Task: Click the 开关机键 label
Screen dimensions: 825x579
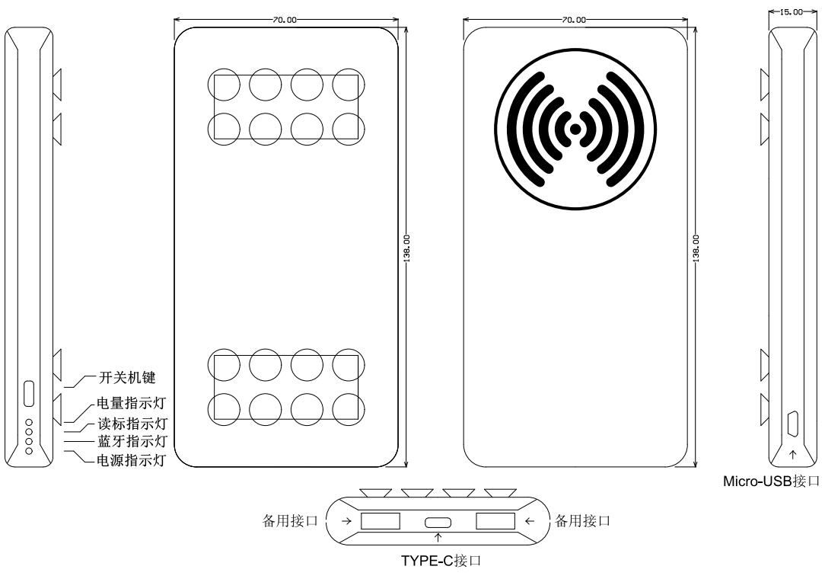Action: pyautogui.click(x=127, y=378)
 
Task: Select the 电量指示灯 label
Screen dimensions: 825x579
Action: pyautogui.click(x=131, y=404)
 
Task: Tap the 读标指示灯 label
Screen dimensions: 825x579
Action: pyautogui.click(x=132, y=424)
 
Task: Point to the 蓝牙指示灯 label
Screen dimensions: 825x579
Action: pyautogui.click(x=132, y=441)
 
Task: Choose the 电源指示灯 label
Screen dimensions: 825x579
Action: pyautogui.click(x=131, y=460)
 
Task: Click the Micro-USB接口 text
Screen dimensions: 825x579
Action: pyautogui.click(x=771, y=481)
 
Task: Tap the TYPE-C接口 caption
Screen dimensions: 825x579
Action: pyautogui.click(x=441, y=561)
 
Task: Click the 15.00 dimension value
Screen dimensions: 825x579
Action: pyautogui.click(x=791, y=11)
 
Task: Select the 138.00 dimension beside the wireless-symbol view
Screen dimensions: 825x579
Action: pyautogui.click(x=696, y=248)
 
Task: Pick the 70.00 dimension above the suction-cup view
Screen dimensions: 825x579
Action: pyautogui.click(x=285, y=20)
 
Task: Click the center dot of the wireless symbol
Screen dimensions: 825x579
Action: pyautogui.click(x=575, y=129)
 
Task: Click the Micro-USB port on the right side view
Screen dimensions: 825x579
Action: pyautogui.click(x=793, y=424)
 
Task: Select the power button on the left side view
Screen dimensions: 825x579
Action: pyautogui.click(x=29, y=394)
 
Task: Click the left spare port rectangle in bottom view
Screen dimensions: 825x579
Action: pyautogui.click(x=380, y=521)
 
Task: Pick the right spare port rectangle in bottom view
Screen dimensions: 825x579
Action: pyautogui.click(x=495, y=521)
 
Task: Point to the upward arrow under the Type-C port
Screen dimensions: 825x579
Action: pyautogui.click(x=438, y=538)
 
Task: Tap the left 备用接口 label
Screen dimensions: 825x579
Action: pyautogui.click(x=291, y=521)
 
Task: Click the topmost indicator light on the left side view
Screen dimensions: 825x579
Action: pyautogui.click(x=29, y=423)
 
